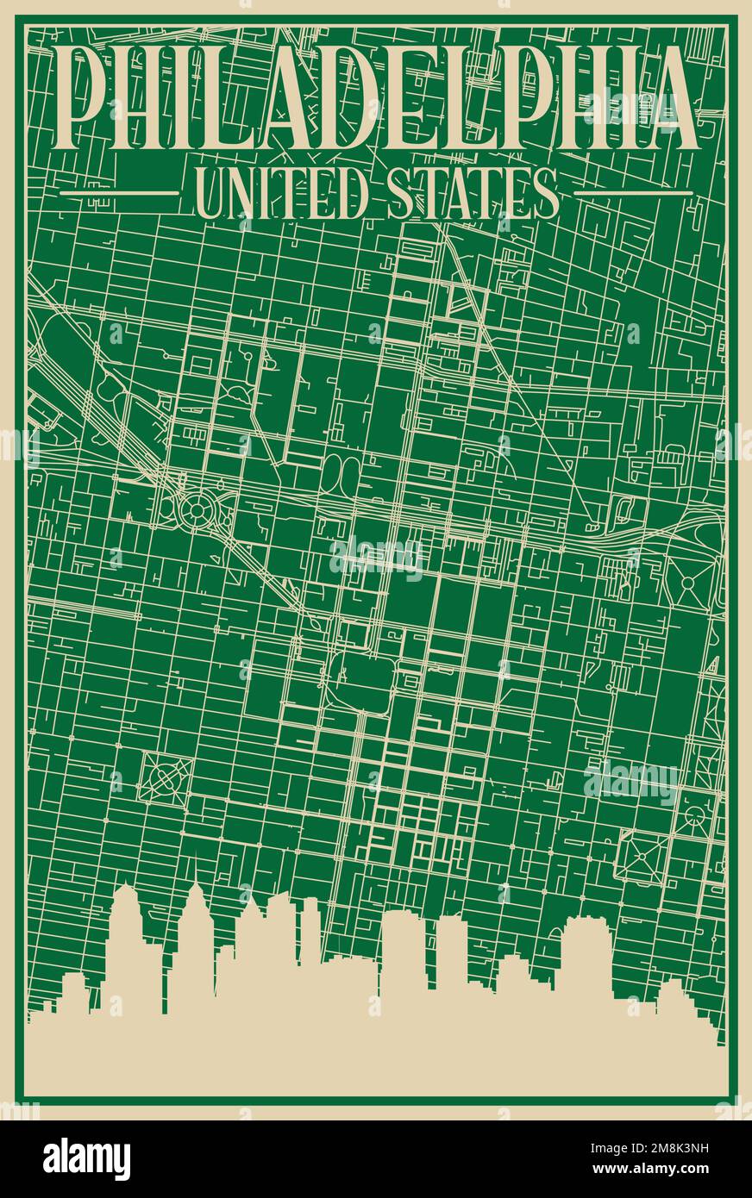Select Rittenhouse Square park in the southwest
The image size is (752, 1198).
[x=166, y=776]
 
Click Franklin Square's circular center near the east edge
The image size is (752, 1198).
[x=688, y=583]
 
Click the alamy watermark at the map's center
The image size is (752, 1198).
[x=377, y=558]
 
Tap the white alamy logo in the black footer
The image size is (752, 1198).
[x=86, y=1158]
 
